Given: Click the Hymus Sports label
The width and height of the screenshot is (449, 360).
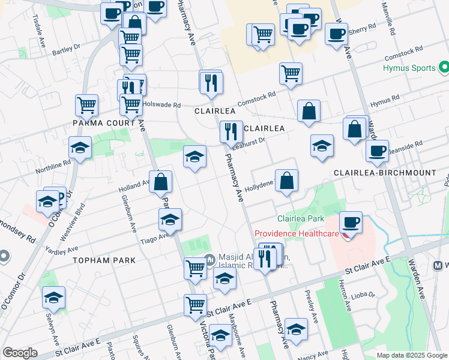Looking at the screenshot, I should click(409, 68).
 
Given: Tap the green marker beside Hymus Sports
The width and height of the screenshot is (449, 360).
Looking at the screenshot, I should click(444, 66).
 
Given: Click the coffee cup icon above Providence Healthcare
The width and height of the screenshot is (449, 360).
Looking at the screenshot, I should click(351, 221).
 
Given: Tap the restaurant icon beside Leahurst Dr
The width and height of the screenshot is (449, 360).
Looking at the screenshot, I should click(231, 131).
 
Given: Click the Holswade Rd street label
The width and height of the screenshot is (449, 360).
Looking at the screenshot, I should click(161, 105).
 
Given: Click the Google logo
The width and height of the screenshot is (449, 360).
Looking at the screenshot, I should click(20, 353).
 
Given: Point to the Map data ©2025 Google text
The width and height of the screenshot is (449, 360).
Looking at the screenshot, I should click(411, 355).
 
